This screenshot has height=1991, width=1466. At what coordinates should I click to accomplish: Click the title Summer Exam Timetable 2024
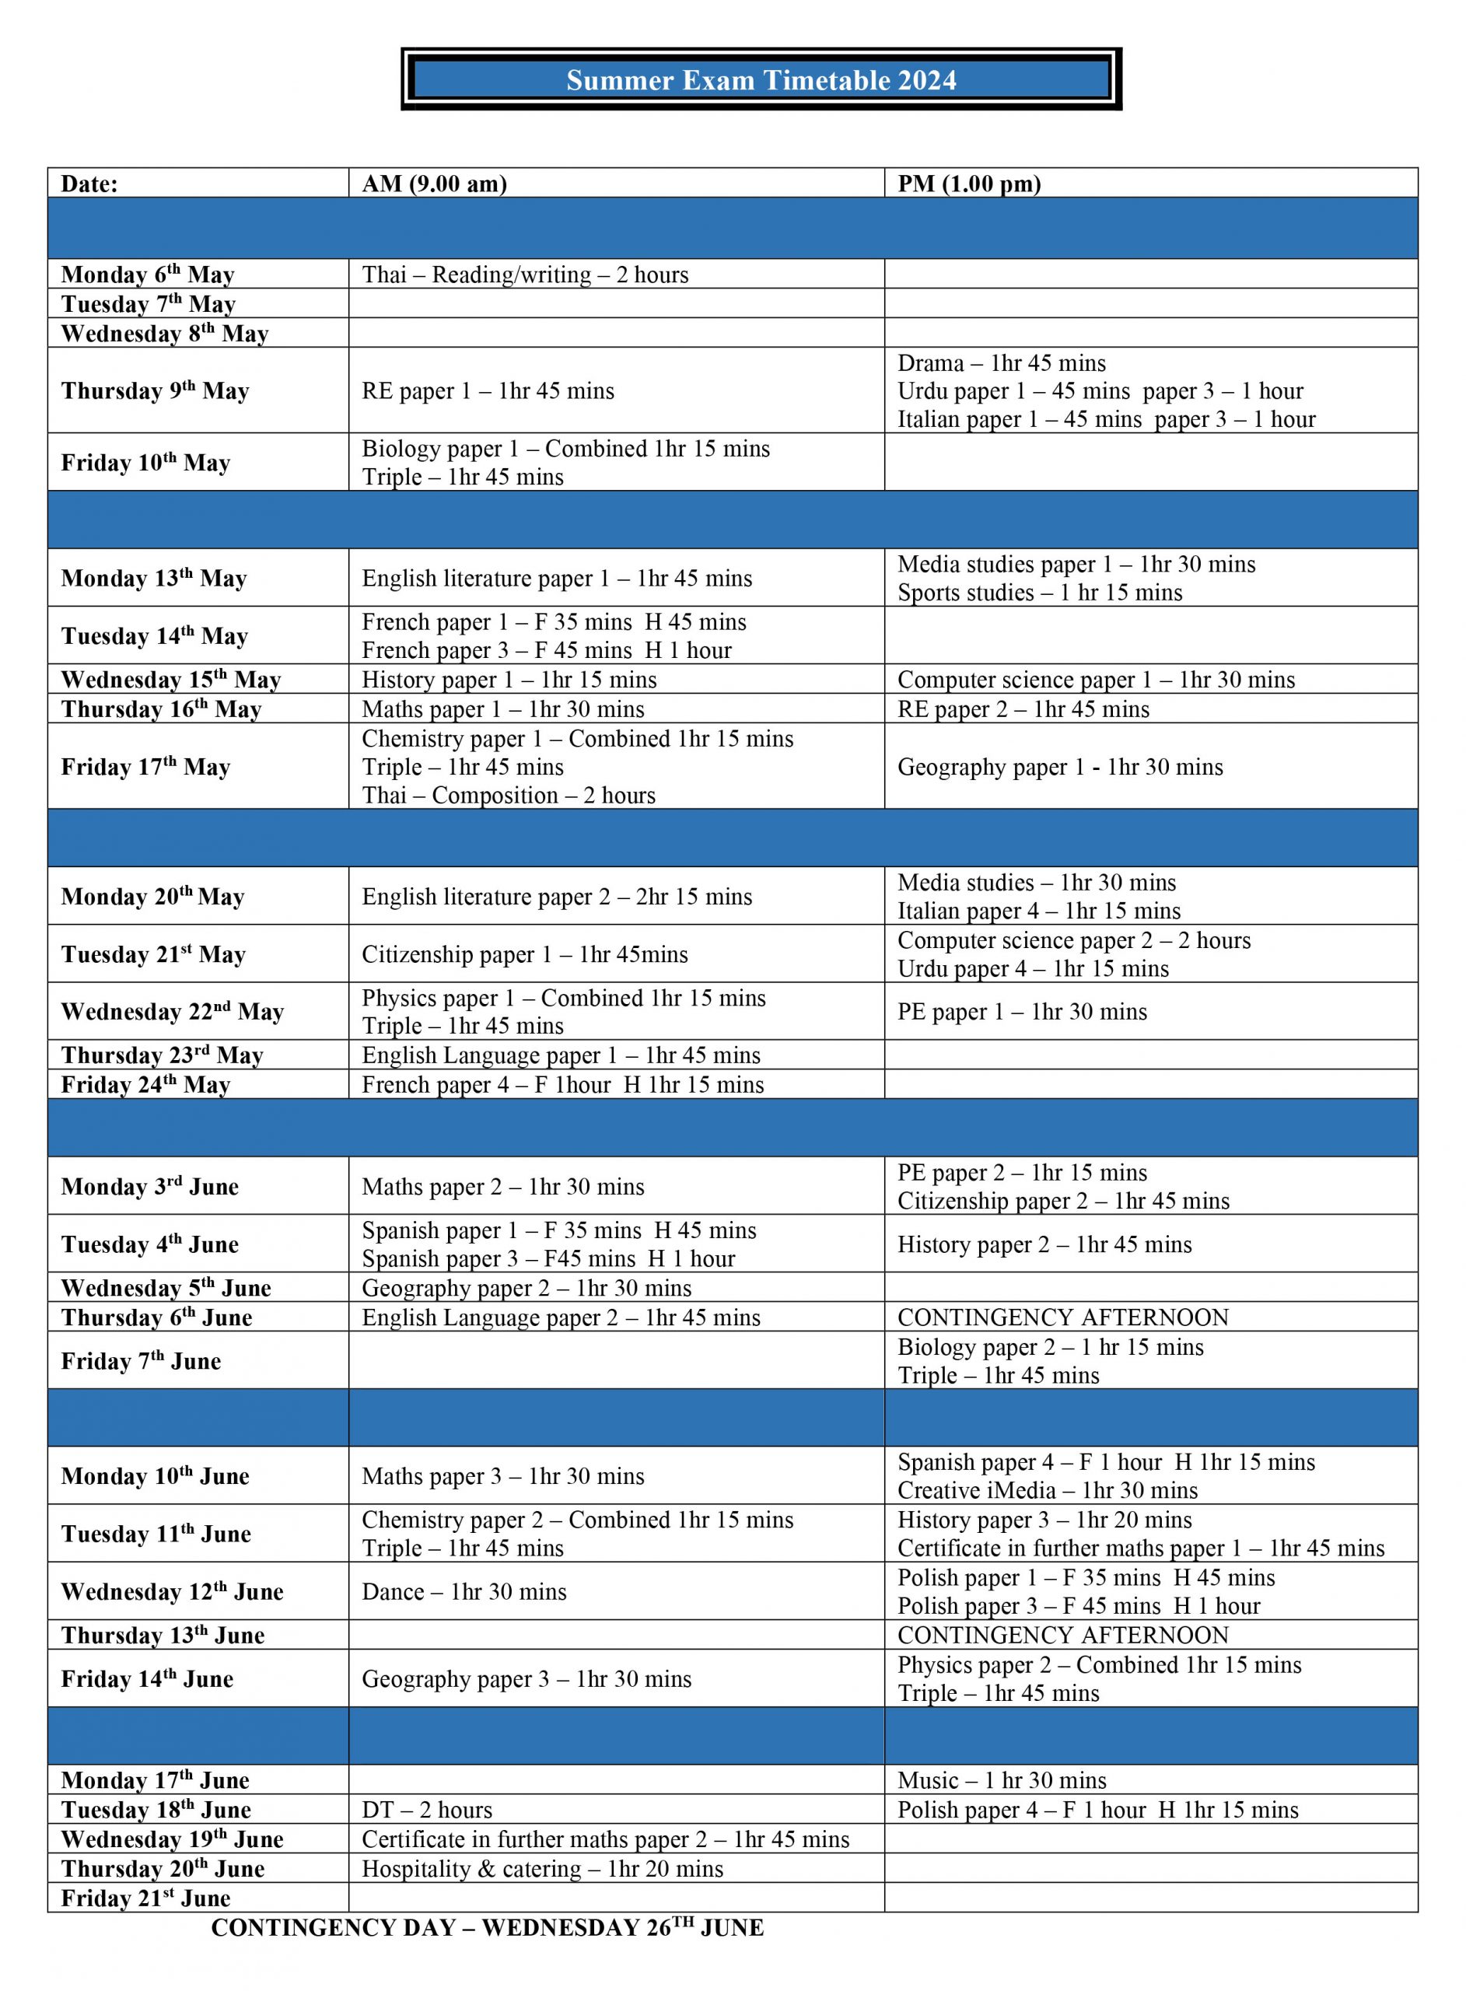click(761, 80)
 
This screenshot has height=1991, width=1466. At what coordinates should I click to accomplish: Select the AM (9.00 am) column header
click(434, 184)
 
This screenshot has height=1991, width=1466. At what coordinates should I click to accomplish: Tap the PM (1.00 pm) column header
click(969, 184)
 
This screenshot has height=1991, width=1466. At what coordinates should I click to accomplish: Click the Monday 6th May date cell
click(147, 275)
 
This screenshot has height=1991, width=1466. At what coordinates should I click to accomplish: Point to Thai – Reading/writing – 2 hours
click(524, 275)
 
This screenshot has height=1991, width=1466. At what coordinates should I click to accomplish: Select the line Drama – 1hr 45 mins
click(1001, 363)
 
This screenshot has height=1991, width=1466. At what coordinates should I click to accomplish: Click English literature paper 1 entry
click(556, 579)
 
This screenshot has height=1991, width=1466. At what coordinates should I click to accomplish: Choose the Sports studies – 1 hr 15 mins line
click(1039, 593)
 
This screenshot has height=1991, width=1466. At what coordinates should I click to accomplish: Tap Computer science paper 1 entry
click(1096, 680)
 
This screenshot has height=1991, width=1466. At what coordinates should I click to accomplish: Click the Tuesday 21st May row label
click(152, 955)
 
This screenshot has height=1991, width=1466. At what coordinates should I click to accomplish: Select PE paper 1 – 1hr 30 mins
click(1021, 1012)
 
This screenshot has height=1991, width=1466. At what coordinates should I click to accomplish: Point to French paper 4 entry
click(562, 1084)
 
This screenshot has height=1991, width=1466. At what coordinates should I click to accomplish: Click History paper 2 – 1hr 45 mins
click(1044, 1244)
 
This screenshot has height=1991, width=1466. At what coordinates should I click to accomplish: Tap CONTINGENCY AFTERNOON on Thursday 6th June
click(1062, 1317)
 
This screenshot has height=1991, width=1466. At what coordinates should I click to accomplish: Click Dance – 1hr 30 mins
click(464, 1592)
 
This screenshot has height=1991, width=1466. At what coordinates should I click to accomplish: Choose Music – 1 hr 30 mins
click(1002, 1779)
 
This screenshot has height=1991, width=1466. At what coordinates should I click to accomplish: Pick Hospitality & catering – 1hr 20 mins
click(542, 1869)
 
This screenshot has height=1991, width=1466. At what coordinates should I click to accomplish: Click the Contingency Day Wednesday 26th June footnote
click(487, 1927)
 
